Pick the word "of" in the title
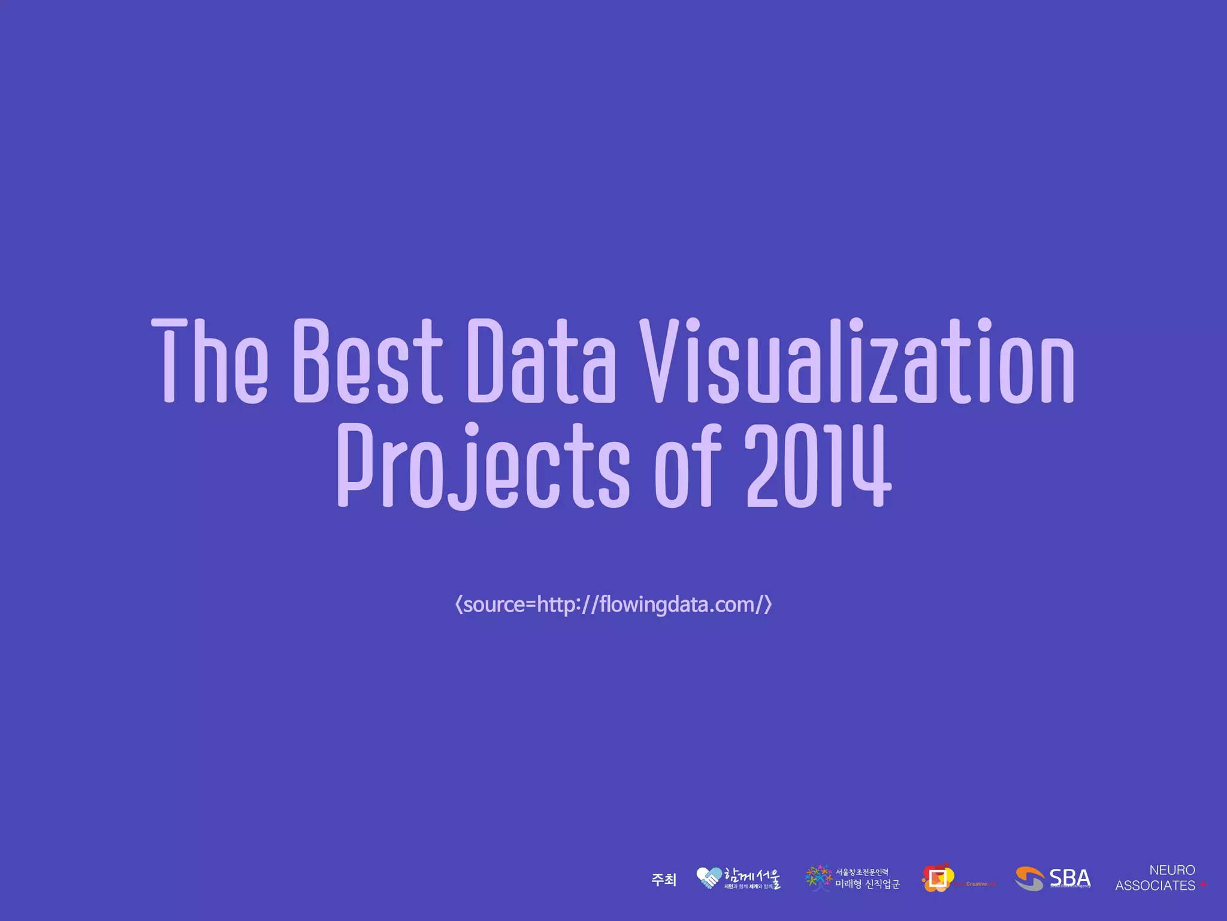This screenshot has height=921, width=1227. [x=688, y=466]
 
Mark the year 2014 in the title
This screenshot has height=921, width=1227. [x=817, y=466]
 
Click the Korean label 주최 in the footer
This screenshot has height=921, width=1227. [x=664, y=880]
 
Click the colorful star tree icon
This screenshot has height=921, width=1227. [x=818, y=878]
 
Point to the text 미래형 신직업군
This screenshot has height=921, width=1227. [x=868, y=884]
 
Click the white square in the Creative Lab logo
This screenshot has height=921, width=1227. [x=937, y=878]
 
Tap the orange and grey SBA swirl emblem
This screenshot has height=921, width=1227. [x=1029, y=878]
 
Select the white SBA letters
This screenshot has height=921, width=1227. [x=1070, y=878]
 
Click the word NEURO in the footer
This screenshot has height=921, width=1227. [x=1172, y=870]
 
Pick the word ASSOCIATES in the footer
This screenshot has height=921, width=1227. [x=1155, y=886]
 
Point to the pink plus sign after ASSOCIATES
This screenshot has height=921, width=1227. [x=1203, y=885]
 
